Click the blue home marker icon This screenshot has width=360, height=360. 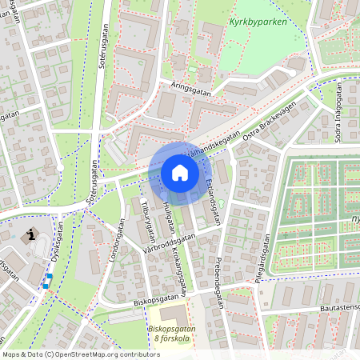click(180, 172)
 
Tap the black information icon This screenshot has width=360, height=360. click(31, 234)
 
